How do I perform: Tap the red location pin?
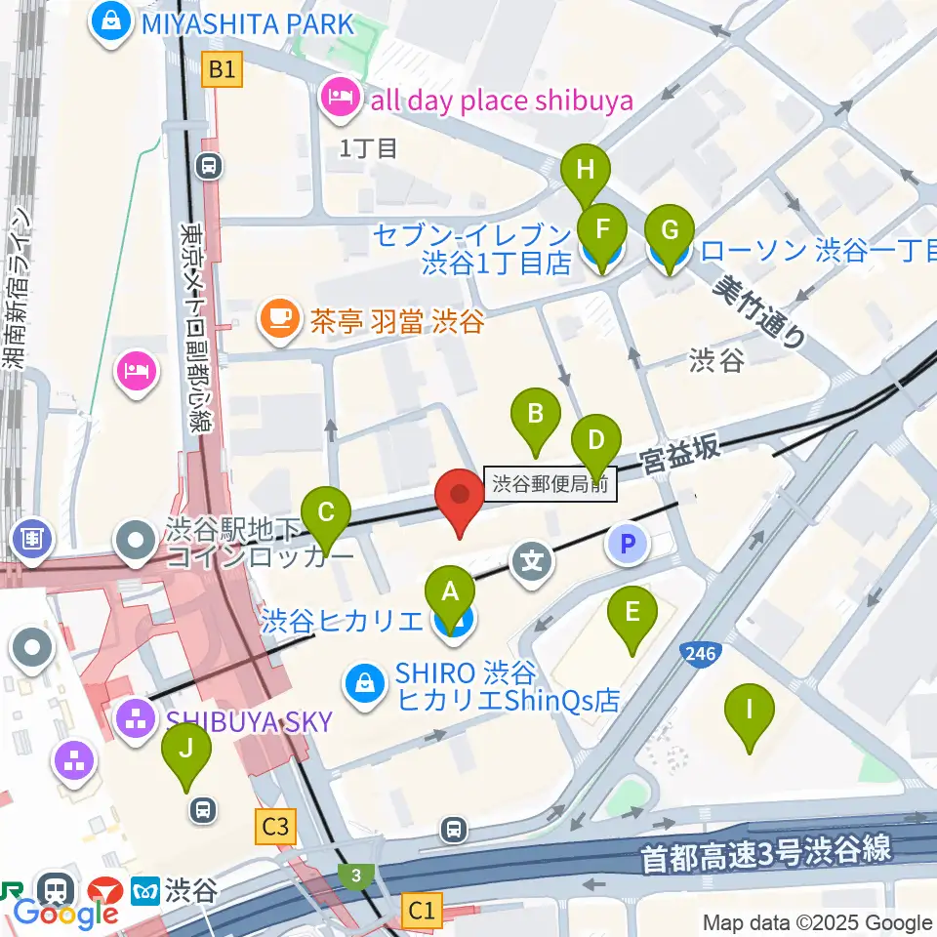(x=460, y=500)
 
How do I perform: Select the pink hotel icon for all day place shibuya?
(x=340, y=100)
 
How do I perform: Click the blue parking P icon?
(x=629, y=543)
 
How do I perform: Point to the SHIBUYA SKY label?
(x=248, y=721)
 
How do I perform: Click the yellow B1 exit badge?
(x=223, y=69)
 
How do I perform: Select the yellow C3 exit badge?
(x=276, y=828)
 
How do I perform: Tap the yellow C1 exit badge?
(x=422, y=912)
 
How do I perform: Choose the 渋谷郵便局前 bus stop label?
(x=551, y=483)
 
